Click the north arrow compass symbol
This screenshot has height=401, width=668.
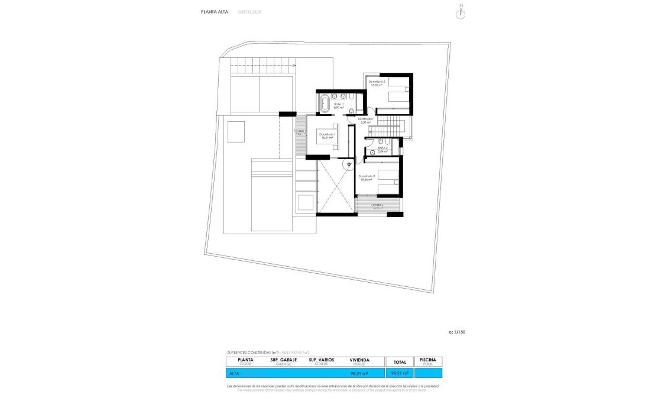pyautogui.click(x=461, y=13)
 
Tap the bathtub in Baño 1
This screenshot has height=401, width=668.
pyautogui.click(x=325, y=105)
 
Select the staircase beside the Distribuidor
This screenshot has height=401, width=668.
pyautogui.click(x=390, y=125)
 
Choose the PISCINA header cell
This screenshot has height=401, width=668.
pyautogui.click(x=428, y=361)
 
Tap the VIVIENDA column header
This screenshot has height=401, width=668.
pyautogui.click(x=359, y=361)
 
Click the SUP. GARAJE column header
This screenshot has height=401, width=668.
pyautogui.click(x=283, y=361)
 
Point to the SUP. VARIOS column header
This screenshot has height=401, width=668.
pyautogui.click(x=321, y=361)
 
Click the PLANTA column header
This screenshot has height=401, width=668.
pyautogui.click(x=245, y=361)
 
